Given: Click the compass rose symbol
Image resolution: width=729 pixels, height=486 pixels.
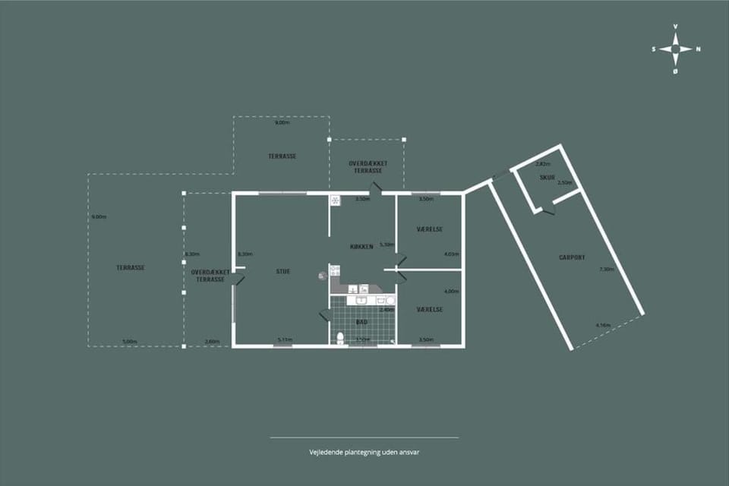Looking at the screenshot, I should tap(675, 49).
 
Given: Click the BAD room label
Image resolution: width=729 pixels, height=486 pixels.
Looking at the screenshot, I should tap(361, 322).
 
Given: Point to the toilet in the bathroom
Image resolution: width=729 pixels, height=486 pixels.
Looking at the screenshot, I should tap(340, 338).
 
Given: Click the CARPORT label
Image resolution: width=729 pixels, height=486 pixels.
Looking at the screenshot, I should tap(572, 257).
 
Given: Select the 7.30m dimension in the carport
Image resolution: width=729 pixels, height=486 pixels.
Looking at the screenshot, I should tap(606, 270).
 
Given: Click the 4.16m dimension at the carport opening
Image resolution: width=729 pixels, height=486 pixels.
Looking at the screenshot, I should tap(604, 326).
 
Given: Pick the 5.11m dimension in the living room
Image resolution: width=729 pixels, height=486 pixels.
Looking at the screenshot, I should tap(285, 339).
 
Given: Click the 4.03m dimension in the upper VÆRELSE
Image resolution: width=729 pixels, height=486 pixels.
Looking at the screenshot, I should tap(451, 254).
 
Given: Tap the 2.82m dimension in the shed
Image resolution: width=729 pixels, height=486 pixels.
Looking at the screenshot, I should tap(542, 164).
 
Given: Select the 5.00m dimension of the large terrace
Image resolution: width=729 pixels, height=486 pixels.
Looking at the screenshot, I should tap(130, 342).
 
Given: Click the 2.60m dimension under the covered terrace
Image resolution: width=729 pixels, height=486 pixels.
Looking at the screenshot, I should tap(213, 342).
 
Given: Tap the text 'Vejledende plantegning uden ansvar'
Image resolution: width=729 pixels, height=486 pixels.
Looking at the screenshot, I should tap(364, 452).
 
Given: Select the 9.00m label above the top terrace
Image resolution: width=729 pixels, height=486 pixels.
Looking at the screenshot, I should tap(281, 122).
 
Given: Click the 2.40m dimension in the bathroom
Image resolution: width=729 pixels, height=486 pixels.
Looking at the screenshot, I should tap(387, 310).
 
